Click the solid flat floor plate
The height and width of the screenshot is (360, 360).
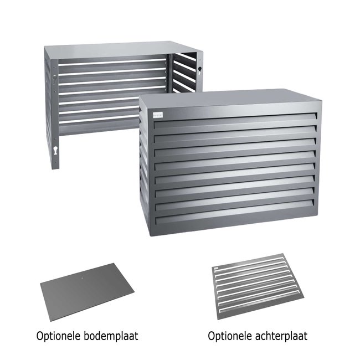click(x=89, y=293)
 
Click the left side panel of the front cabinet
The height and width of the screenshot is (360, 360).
click(x=145, y=166)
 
